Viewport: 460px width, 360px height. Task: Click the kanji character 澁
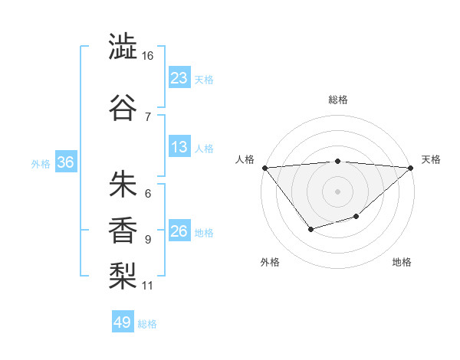[123, 47]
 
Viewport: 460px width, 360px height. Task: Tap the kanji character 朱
[123, 184]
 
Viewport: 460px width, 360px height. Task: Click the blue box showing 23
[179, 78]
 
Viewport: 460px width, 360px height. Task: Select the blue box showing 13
[179, 148]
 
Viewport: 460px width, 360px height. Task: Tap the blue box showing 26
[179, 232]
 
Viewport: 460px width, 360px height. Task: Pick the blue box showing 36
[66, 162]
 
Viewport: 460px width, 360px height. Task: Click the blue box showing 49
[123, 322]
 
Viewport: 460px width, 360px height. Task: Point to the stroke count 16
[148, 56]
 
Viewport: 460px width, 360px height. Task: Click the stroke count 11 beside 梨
[148, 286]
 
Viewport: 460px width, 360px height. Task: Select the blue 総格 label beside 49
[147, 324]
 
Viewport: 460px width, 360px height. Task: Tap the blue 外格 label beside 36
[41, 164]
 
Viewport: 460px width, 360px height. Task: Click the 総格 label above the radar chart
[337, 100]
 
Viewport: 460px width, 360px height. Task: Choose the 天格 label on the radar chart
[431, 159]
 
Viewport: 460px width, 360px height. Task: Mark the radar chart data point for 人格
[264, 168]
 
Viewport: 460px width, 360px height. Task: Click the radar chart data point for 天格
[411, 168]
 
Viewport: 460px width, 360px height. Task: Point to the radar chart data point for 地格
[356, 217]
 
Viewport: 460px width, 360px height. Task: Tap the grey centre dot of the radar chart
[337, 191]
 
